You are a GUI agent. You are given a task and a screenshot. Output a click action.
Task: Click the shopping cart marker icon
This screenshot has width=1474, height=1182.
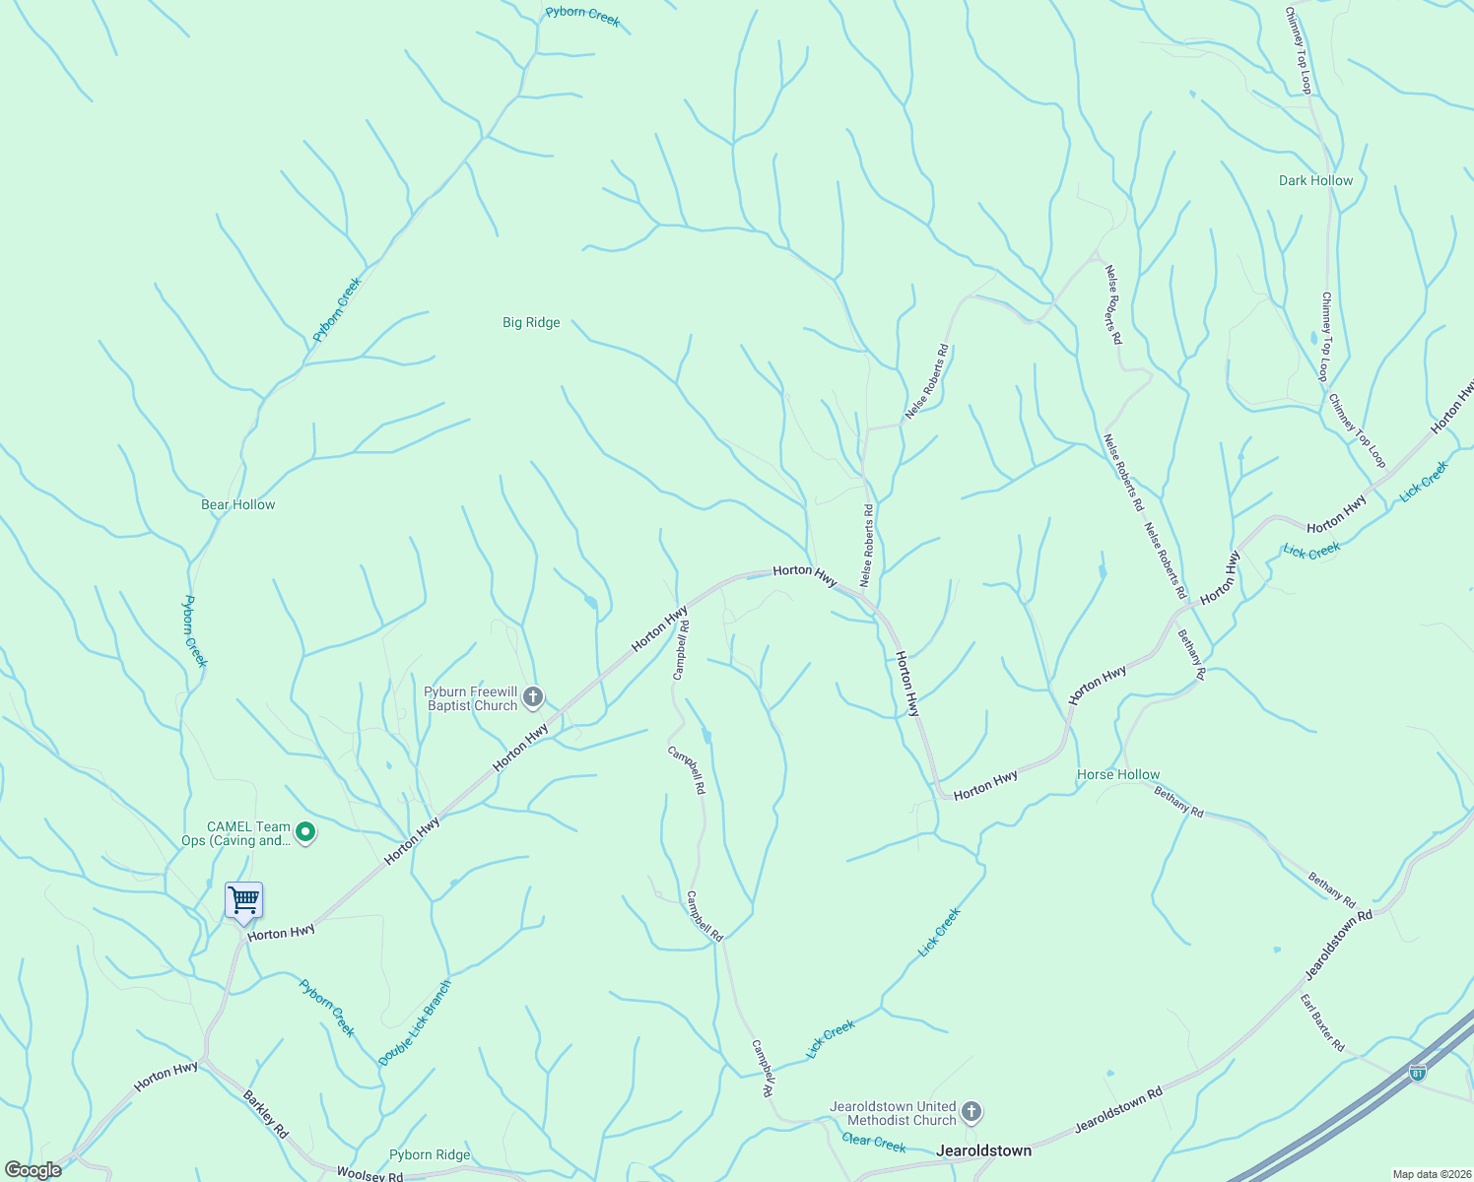(243, 900)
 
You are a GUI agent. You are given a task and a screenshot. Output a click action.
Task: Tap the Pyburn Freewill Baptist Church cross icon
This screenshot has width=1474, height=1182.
(533, 698)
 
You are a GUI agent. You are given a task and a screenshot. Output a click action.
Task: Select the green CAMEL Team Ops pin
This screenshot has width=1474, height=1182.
(305, 833)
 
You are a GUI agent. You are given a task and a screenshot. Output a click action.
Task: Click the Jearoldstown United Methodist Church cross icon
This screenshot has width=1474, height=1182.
(971, 1113)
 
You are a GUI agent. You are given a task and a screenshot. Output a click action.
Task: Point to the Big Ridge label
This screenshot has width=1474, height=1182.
(531, 322)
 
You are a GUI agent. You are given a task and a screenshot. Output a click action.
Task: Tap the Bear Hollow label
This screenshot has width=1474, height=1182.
(238, 504)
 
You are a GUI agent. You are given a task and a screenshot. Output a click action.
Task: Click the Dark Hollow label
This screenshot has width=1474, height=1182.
(1315, 180)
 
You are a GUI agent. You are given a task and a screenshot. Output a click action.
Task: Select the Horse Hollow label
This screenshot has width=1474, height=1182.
(1118, 774)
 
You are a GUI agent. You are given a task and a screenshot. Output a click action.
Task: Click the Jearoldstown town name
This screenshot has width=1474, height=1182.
(983, 1150)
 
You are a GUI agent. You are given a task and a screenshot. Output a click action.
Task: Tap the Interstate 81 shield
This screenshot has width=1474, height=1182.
(1417, 1073)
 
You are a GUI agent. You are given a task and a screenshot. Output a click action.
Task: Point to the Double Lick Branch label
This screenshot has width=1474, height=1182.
(415, 1022)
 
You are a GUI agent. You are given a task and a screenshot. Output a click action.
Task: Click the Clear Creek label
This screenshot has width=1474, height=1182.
(874, 1143)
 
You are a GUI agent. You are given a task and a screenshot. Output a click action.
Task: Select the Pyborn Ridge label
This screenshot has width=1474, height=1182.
(430, 1154)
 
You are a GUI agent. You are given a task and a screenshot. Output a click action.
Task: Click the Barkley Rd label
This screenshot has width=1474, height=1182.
(265, 1115)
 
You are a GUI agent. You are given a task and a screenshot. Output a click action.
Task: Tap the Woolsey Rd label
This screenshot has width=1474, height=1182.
(369, 1174)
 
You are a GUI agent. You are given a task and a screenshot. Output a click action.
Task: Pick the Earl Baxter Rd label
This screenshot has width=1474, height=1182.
(1322, 1023)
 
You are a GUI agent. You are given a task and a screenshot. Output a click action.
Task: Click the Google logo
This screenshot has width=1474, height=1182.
(33, 1170)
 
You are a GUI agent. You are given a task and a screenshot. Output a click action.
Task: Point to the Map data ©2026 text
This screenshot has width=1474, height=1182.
(1430, 1174)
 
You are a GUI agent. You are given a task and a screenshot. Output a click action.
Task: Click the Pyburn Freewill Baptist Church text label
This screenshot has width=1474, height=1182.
(471, 698)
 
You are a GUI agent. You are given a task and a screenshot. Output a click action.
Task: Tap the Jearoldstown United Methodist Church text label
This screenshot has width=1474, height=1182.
(893, 1113)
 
